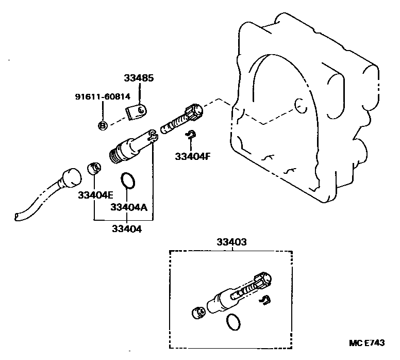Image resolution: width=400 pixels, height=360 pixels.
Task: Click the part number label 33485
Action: point(139,78)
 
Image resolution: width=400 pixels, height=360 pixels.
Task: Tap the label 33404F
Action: point(192,156)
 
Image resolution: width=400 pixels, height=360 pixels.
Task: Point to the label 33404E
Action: point(95,195)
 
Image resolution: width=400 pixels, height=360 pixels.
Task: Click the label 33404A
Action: point(129,207)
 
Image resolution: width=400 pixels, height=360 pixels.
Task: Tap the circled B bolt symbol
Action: point(102,125)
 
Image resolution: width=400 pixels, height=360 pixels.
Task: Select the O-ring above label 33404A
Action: point(128,181)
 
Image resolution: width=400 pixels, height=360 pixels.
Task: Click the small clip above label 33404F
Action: point(190,135)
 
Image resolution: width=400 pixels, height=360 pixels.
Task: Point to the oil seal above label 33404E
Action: point(93,168)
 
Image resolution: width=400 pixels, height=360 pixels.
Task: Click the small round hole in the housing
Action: point(297,106)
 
